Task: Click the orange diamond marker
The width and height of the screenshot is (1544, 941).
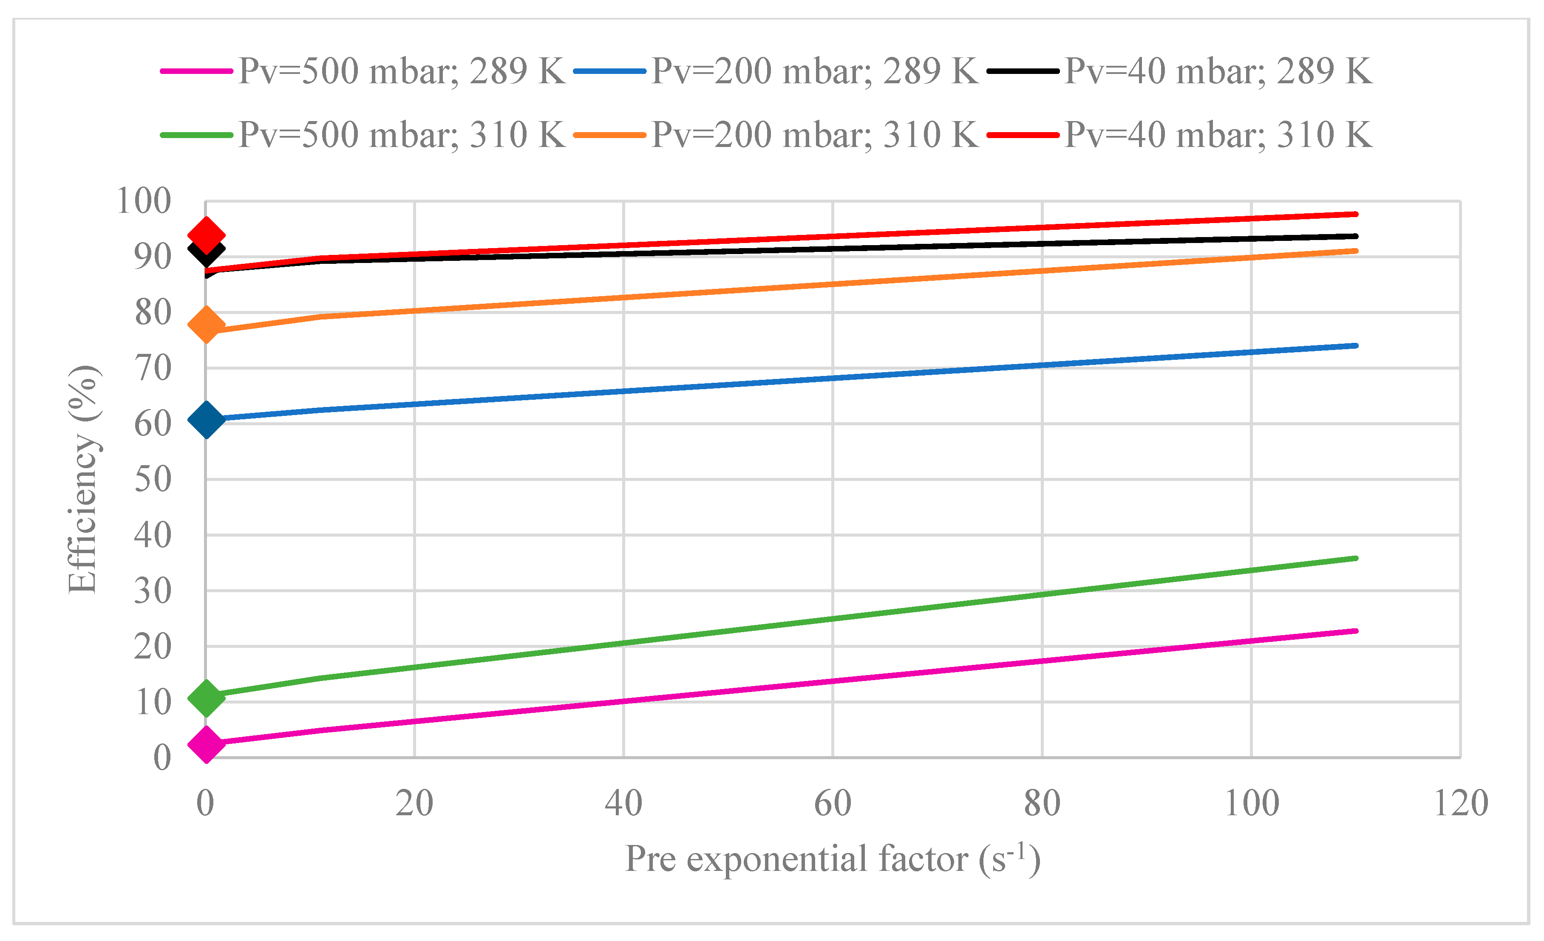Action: coord(206,325)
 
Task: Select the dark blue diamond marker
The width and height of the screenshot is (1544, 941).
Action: coord(206,420)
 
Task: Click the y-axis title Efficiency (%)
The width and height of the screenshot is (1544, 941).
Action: coord(83,479)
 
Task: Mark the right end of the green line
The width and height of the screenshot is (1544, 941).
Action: coord(1355,558)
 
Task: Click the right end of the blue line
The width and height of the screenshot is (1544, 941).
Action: coord(1355,346)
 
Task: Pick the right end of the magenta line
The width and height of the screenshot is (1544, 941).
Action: coord(1355,631)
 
